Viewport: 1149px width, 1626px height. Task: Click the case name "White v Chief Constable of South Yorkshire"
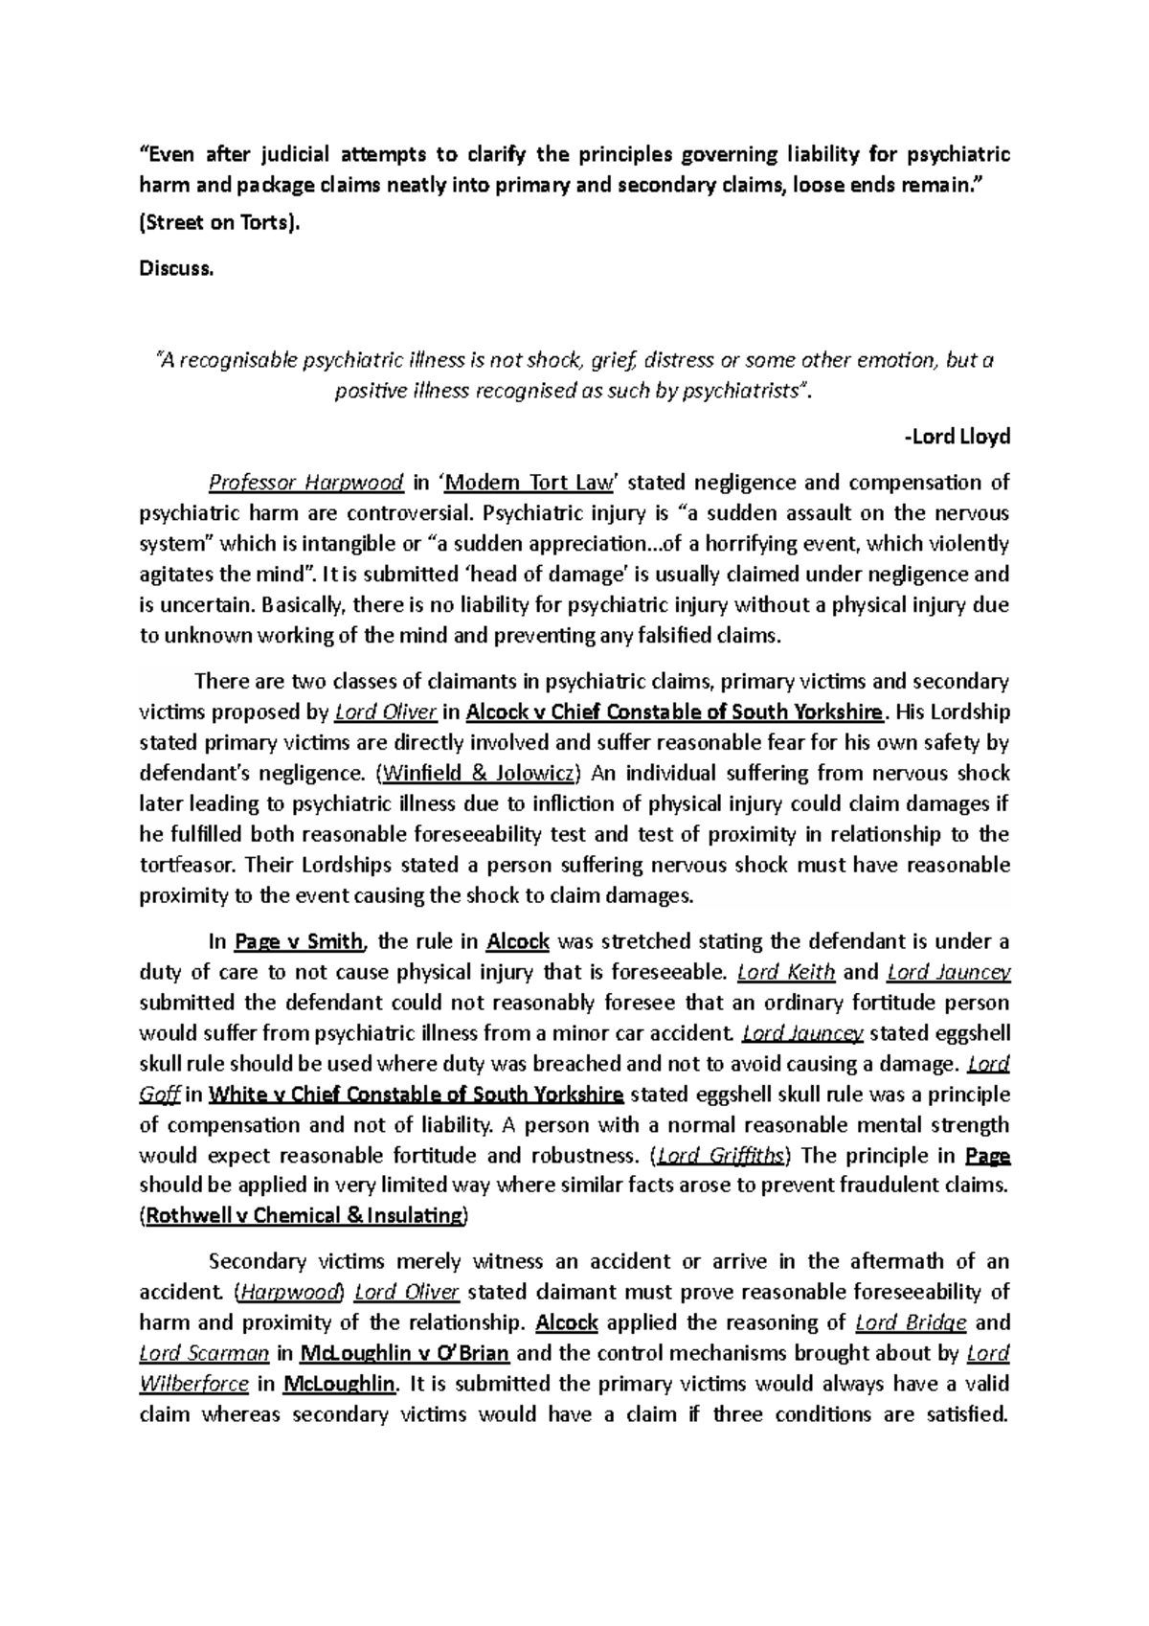point(417,1094)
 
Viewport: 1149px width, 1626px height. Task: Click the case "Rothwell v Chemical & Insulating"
point(303,1216)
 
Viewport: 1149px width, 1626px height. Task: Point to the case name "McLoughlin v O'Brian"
point(404,1353)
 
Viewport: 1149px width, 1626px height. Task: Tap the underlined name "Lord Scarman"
point(202,1353)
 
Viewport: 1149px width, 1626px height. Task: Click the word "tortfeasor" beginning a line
point(188,865)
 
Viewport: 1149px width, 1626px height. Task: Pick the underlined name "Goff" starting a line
point(159,1094)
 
